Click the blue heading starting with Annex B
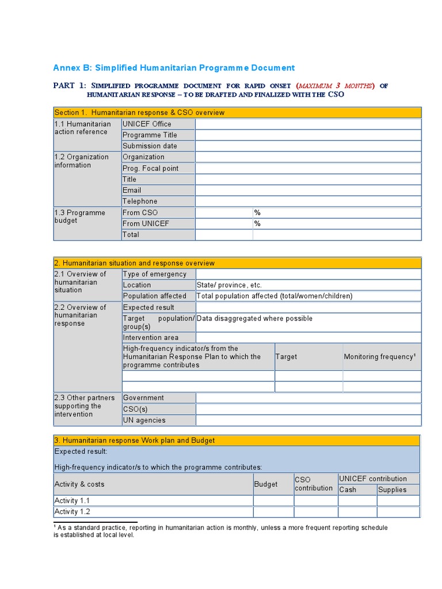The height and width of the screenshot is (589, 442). point(174,68)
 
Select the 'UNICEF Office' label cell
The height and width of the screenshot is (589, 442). point(147,124)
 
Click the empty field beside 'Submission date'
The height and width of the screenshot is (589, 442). point(308,146)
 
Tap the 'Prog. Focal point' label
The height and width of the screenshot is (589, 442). point(150,169)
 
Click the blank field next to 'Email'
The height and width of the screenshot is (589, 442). point(308,190)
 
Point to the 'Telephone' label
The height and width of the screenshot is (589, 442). point(140,201)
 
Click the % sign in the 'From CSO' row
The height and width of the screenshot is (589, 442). point(258,213)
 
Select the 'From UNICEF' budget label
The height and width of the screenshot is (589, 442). point(146,224)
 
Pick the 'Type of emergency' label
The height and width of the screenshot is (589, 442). point(154,274)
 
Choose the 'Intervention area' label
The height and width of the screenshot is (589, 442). point(150,338)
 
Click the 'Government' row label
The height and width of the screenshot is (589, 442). point(143,398)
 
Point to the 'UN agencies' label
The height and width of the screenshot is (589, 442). point(144,420)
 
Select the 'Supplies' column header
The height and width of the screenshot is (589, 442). point(392,490)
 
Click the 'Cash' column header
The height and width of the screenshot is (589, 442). point(348,490)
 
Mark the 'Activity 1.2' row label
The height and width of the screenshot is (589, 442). point(73,512)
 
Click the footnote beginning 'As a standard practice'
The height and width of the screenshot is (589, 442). point(222,531)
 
